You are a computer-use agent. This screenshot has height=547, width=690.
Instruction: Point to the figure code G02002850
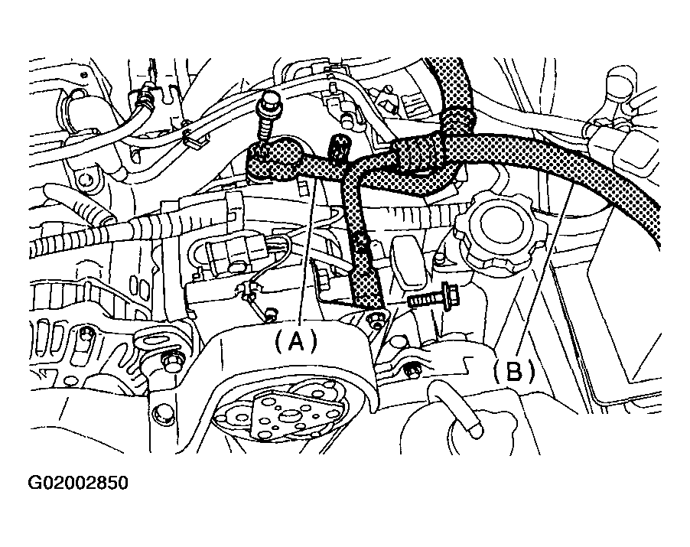[x=78, y=484]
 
